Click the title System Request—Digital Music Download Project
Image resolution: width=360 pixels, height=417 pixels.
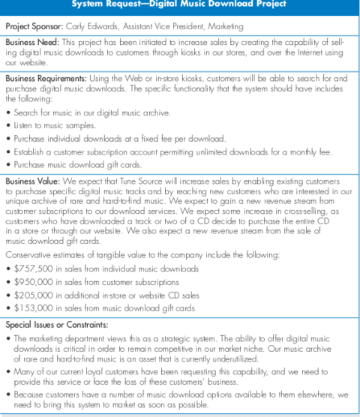pyautogui.click(x=180, y=4)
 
